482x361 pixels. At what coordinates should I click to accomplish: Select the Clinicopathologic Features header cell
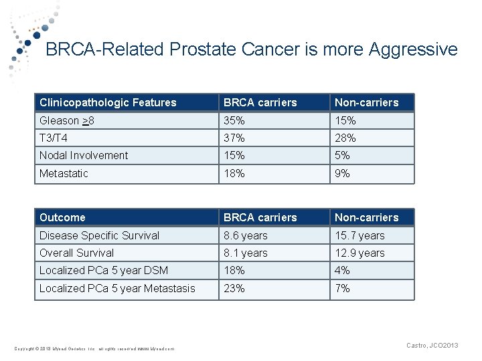pyautogui.click(x=108, y=102)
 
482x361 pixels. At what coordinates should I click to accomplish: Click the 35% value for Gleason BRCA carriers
pyautogui.click(x=234, y=120)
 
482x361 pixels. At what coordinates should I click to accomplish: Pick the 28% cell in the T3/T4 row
pyautogui.click(x=345, y=138)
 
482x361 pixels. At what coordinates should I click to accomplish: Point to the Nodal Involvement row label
pyautogui.click(x=84, y=155)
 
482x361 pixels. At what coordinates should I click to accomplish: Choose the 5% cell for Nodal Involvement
pyautogui.click(x=342, y=155)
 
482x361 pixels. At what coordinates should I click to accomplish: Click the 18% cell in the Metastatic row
pyautogui.click(x=234, y=173)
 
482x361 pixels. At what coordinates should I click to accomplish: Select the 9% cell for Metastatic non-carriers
pyautogui.click(x=342, y=173)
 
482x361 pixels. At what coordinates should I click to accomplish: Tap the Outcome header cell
pyautogui.click(x=62, y=217)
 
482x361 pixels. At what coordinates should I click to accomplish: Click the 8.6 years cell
pyautogui.click(x=245, y=235)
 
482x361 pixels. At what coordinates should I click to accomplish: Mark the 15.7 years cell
pyautogui.click(x=359, y=235)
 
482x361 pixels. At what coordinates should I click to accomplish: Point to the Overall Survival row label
pyautogui.click(x=77, y=253)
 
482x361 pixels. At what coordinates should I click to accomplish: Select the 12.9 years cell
pyautogui.click(x=359, y=253)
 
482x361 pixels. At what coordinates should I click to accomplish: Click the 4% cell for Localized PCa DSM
pyautogui.click(x=342, y=270)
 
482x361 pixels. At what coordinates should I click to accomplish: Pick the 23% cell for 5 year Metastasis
pyautogui.click(x=234, y=288)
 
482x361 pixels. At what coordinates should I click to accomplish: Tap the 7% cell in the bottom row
pyautogui.click(x=342, y=288)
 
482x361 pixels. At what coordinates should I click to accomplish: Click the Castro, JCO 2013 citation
pyautogui.click(x=432, y=345)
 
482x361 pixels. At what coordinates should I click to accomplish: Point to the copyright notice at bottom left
pyautogui.click(x=94, y=348)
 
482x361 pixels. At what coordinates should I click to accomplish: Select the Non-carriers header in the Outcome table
pyautogui.click(x=366, y=217)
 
